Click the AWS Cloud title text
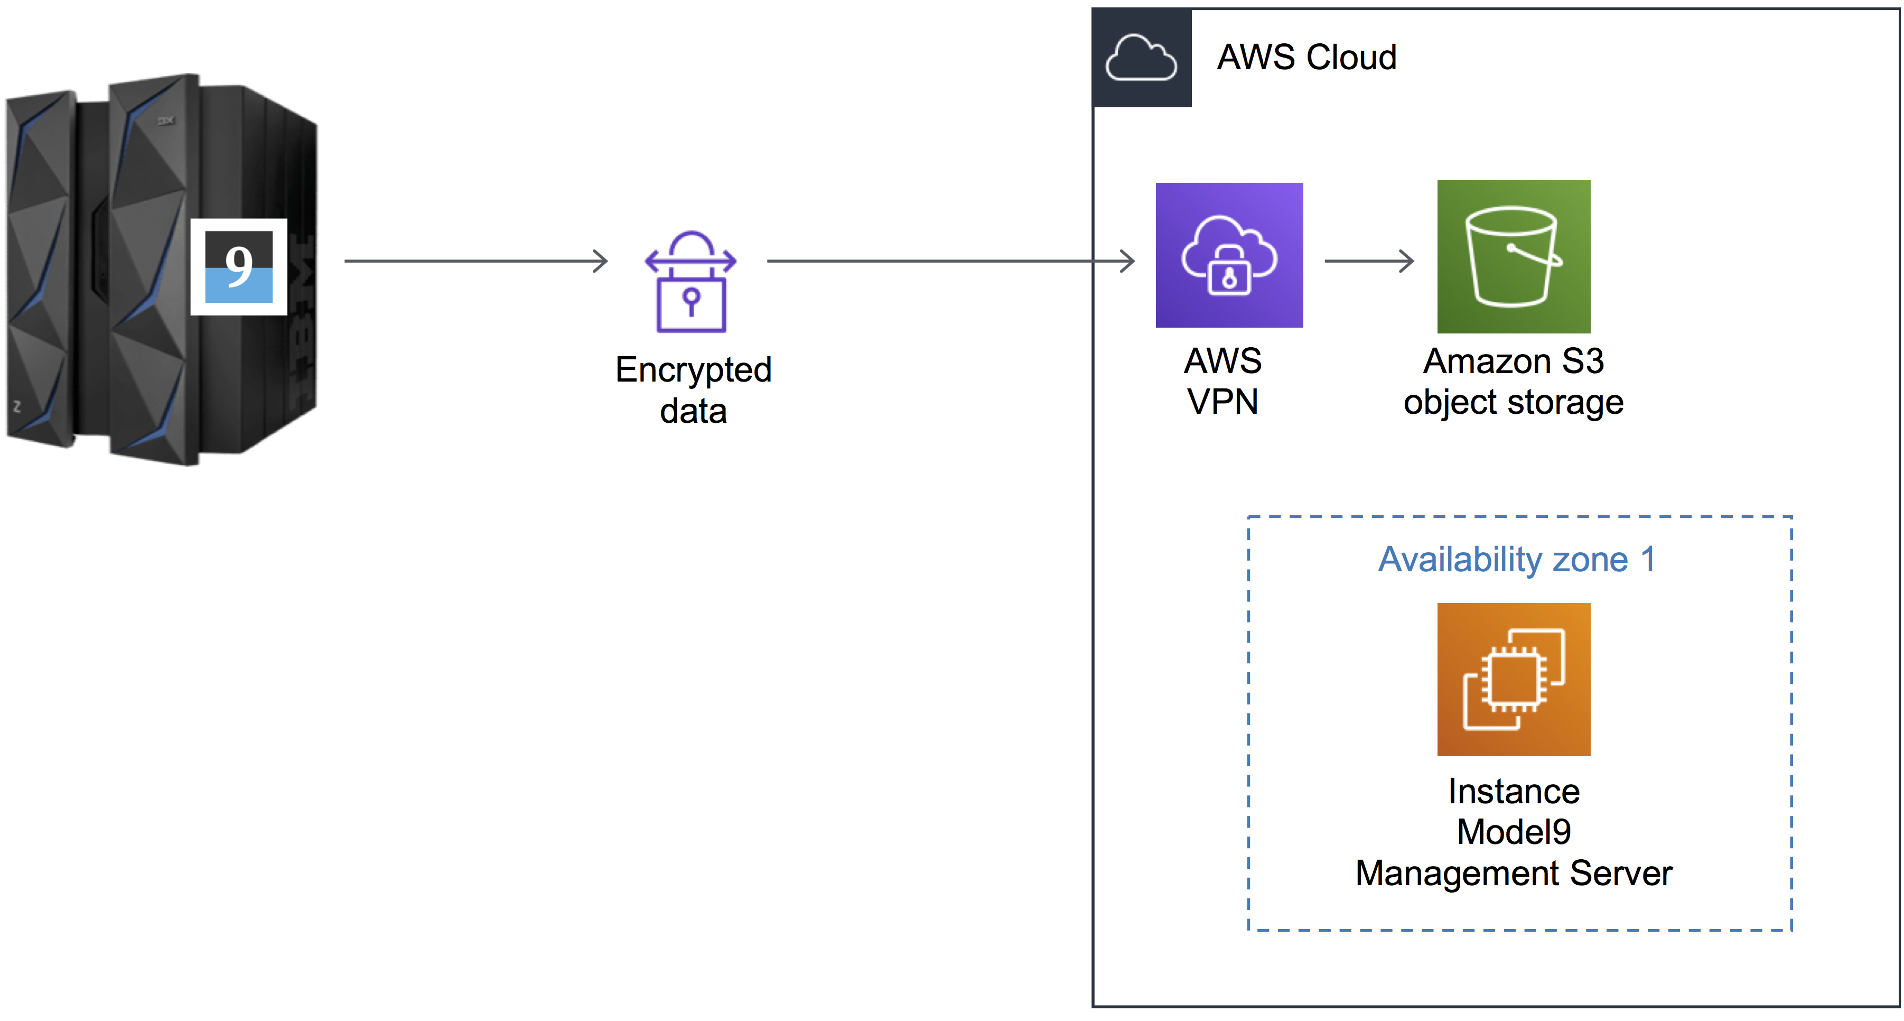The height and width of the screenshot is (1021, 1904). (1306, 58)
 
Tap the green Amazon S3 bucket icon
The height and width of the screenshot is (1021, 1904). (1513, 256)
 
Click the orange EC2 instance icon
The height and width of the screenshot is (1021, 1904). (1513, 679)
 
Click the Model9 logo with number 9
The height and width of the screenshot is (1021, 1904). (238, 267)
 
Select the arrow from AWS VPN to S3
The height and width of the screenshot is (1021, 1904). (1369, 261)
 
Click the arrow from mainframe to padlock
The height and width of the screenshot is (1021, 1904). (475, 261)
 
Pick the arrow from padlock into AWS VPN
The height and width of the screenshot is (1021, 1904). (950, 261)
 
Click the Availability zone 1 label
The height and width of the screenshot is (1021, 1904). (1517, 559)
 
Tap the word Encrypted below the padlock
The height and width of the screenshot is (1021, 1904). (693, 369)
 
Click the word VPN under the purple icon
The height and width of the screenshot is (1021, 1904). (1222, 402)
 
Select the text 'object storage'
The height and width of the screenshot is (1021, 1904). (1513, 403)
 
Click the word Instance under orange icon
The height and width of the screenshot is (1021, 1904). (1513, 791)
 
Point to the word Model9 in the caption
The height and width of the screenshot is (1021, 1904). (1513, 832)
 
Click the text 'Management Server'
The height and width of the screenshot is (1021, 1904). (1513, 873)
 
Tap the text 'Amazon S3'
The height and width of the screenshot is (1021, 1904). (1513, 361)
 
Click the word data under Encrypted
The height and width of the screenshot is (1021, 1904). (693, 411)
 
